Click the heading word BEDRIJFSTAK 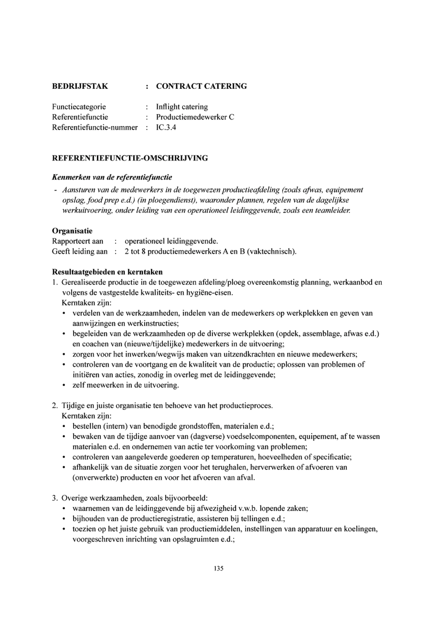point(80,86)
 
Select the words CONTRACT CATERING point(201,86)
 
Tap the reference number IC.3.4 point(166,127)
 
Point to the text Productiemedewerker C point(195,117)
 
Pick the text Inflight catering point(182,107)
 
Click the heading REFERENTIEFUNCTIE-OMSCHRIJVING point(130,158)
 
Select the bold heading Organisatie point(72,231)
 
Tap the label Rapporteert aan point(78,241)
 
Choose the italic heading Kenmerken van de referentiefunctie point(112,177)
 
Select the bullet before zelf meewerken point(64,385)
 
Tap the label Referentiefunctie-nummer point(95,127)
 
